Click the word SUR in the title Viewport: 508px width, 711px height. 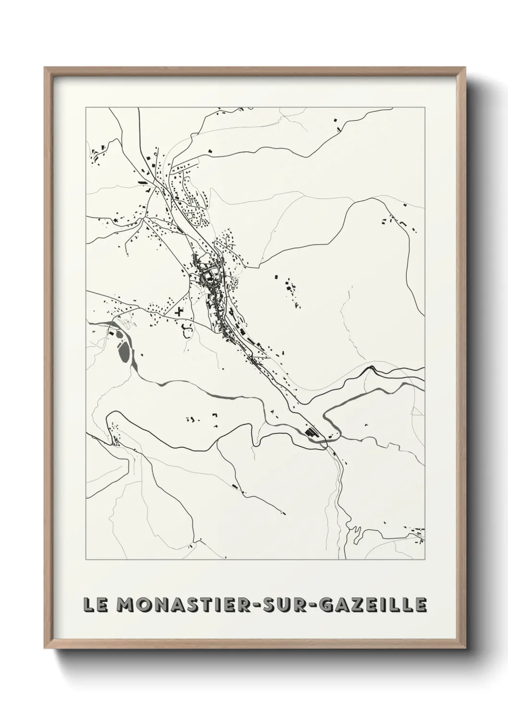coord(295,605)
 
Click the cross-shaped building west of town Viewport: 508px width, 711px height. coord(181,311)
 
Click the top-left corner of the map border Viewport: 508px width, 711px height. coord(86,107)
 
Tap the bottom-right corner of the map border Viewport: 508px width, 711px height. coord(424,560)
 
